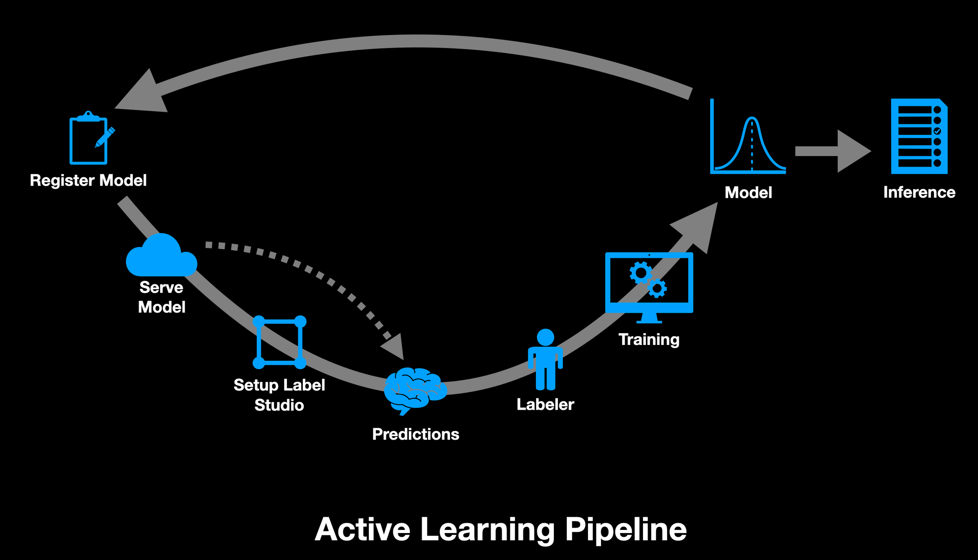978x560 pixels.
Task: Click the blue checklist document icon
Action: point(919,136)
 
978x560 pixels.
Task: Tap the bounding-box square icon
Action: point(280,342)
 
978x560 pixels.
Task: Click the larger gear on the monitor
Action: point(641,273)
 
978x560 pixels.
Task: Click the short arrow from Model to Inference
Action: point(831,151)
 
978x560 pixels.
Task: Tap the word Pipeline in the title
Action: point(626,529)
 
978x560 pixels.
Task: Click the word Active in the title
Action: point(362,529)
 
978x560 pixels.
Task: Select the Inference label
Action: point(919,192)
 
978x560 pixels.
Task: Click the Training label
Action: point(649,339)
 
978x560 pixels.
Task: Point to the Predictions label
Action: point(415,434)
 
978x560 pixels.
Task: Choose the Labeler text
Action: point(545,404)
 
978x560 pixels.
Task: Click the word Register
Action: point(62,180)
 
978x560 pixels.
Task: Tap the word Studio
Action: point(279,405)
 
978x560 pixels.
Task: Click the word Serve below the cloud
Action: point(161,288)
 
